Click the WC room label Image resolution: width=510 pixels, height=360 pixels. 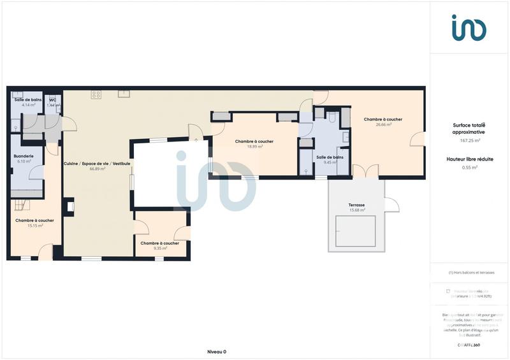[x=53, y=100]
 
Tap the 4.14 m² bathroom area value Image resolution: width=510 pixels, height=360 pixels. [x=27, y=105]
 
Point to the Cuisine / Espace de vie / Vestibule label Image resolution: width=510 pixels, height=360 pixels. [x=97, y=164]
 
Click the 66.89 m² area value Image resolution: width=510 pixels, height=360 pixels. [x=97, y=169]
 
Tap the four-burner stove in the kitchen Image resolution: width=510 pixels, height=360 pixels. [x=96, y=94]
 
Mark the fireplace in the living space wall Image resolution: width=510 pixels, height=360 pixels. [x=70, y=206]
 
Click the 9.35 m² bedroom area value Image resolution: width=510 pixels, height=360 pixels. [x=159, y=248]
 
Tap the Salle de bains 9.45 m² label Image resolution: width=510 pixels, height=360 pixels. [x=330, y=157]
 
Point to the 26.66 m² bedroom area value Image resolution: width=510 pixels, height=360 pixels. [x=382, y=125]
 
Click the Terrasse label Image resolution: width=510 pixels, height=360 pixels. [x=356, y=205]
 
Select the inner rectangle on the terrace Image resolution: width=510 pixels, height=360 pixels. [x=356, y=231]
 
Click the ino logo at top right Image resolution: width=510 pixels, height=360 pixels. [x=469, y=27]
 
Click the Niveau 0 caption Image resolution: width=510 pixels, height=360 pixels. [x=217, y=352]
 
